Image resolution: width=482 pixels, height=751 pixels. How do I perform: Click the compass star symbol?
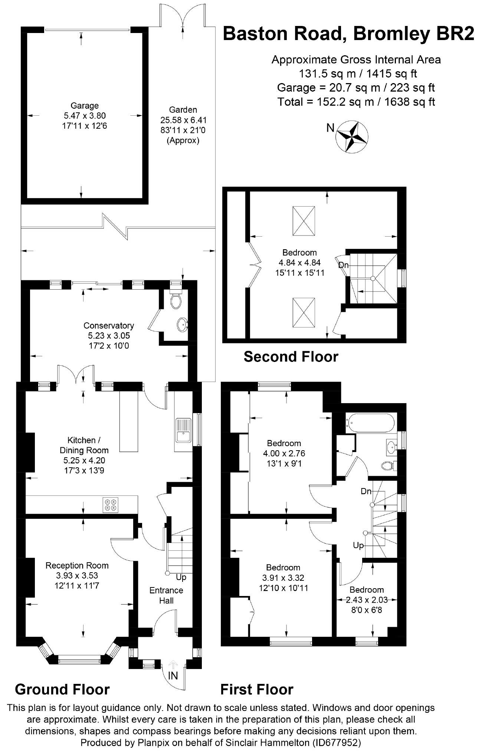click(352, 136)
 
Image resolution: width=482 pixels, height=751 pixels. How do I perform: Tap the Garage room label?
click(85, 106)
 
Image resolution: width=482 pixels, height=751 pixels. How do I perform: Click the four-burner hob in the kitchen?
click(111, 505)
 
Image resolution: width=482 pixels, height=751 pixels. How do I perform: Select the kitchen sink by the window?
click(183, 430)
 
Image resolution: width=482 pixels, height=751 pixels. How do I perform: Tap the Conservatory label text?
click(108, 326)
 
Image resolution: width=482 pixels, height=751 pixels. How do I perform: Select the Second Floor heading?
click(291, 357)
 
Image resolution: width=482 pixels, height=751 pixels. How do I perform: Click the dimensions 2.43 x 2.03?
click(367, 600)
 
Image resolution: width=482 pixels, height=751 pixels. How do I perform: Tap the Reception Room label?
click(77, 566)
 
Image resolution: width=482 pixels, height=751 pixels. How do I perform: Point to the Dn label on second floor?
click(343, 265)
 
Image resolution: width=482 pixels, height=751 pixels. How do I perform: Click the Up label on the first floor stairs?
click(358, 546)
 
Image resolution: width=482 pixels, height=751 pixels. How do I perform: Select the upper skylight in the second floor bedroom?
click(304, 221)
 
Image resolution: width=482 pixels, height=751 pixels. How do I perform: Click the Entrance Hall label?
click(166, 595)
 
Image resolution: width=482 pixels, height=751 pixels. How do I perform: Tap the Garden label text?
click(183, 110)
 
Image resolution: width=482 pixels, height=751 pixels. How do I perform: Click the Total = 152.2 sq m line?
click(356, 102)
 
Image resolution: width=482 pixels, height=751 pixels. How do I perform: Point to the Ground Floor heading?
click(62, 689)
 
